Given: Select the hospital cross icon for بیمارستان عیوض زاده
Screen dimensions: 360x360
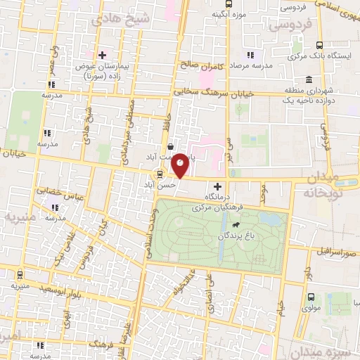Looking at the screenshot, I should coord(102,54).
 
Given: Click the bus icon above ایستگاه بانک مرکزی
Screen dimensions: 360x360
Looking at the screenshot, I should coord(320,44).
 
